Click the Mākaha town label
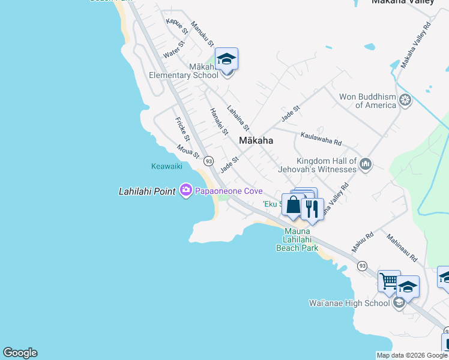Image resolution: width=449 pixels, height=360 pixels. [256, 140]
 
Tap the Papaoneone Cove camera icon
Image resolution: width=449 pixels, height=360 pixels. [185, 190]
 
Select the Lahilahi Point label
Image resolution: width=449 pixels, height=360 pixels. [147, 191]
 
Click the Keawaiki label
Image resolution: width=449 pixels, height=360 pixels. [166, 166]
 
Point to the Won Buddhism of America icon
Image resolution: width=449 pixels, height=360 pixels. [406, 99]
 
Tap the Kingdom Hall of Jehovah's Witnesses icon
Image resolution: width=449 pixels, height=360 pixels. [365, 163]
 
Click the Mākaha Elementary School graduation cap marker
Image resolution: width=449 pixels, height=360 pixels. [226, 59]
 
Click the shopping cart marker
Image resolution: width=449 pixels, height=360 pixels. [389, 280]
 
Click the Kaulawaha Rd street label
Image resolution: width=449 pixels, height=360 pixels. [321, 139]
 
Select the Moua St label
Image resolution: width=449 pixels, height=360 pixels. [188, 153]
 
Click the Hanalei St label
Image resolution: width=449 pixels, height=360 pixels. [218, 121]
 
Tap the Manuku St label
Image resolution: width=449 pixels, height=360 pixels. [202, 34]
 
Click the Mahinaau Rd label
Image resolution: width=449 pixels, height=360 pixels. [402, 248]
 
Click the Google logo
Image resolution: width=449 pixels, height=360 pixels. [20, 353]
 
